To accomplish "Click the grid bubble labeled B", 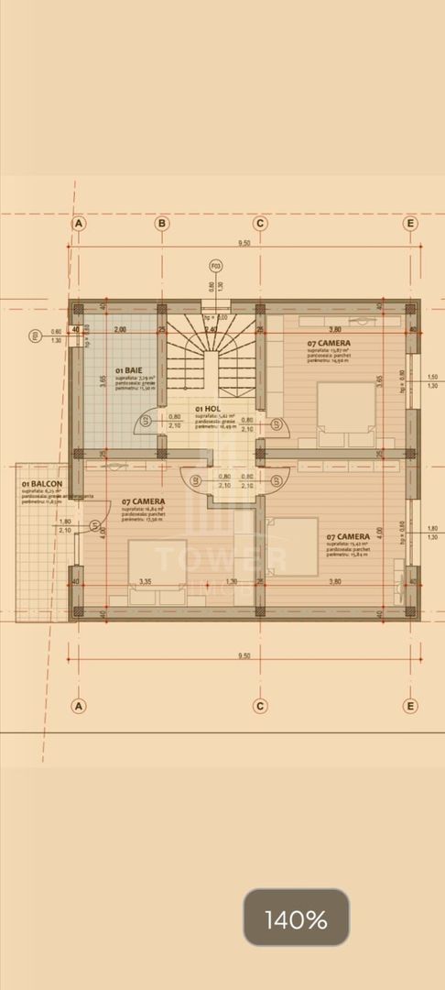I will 161,223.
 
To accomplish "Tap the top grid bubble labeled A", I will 79,223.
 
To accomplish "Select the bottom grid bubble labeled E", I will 410,706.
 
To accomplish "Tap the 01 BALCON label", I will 42,483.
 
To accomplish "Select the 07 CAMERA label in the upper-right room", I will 327,344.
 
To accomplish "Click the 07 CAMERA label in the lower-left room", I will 143,501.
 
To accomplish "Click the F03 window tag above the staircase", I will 216,267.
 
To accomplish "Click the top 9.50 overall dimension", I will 244,243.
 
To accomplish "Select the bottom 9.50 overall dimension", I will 244,655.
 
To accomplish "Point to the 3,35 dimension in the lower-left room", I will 145,581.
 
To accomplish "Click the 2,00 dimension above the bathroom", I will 119,329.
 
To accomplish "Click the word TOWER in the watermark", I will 221,558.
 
